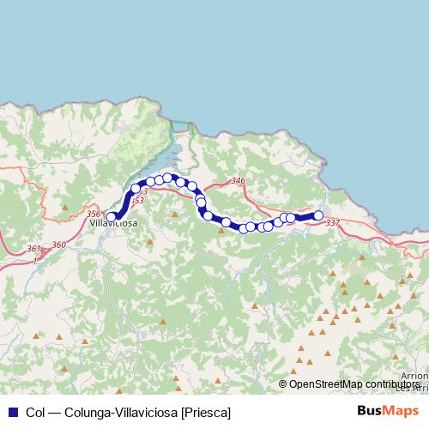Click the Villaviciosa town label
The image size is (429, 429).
pyautogui.click(x=113, y=224)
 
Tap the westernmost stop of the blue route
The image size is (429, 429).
pyautogui.click(x=111, y=217)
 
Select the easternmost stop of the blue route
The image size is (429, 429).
pyautogui.click(x=318, y=215)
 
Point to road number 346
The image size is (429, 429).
pyautogui.click(x=239, y=181)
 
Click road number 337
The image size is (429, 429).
pyautogui.click(x=333, y=223)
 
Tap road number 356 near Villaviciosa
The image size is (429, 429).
pyautogui.click(x=94, y=214)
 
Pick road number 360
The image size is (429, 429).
pyautogui.click(x=58, y=245)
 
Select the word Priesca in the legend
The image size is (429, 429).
pyautogui.click(x=206, y=413)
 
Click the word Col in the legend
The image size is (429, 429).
pyautogui.click(x=36, y=413)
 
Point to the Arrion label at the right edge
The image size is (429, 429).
pyautogui.click(x=419, y=377)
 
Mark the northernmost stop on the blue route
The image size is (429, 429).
pyautogui.click(x=167, y=178)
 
